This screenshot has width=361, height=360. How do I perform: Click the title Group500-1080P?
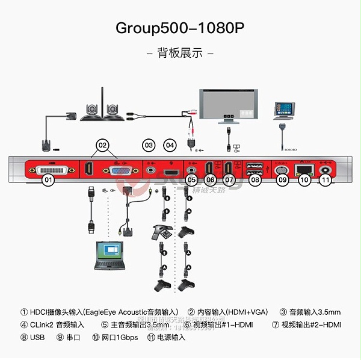(x=180, y=28)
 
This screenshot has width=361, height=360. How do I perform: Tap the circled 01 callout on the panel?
(x=49, y=179)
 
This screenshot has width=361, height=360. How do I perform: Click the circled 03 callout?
(x=149, y=144)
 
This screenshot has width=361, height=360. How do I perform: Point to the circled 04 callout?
(x=170, y=144)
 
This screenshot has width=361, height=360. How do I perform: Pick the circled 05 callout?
(x=192, y=179)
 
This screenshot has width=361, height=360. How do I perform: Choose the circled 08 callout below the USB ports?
(x=255, y=179)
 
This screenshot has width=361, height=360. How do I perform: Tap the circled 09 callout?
(x=282, y=179)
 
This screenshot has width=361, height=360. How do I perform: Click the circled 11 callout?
(x=325, y=179)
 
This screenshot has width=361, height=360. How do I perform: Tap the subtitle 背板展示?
(x=180, y=53)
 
